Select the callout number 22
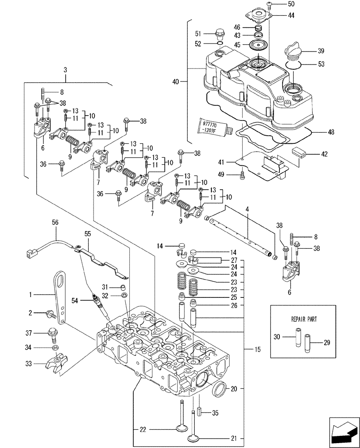(x=142, y=429)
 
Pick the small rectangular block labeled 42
(x=299, y=151)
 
